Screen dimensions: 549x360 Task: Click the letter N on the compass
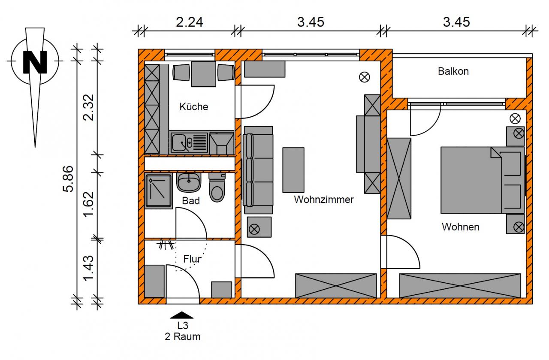[x=35, y=62]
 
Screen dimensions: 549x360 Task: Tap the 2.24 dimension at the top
[x=190, y=22]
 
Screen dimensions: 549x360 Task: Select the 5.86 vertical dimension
[x=68, y=178]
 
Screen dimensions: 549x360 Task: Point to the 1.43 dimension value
[x=88, y=268]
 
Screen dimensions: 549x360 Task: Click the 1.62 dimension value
[x=88, y=204]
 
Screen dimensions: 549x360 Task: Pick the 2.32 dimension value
[x=88, y=107]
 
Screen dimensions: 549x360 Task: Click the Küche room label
[x=193, y=107]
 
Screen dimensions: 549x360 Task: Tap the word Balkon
[x=453, y=71]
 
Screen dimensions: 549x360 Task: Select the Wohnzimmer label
[x=324, y=200]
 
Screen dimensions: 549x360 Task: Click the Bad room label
[x=191, y=201]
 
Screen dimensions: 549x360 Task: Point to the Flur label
[x=192, y=259]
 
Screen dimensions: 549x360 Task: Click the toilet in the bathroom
[x=217, y=188]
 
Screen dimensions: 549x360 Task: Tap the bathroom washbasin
[x=188, y=182]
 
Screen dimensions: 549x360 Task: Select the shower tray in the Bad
[x=158, y=191]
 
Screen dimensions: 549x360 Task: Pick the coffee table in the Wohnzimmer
[x=293, y=170]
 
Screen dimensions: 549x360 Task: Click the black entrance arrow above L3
[x=182, y=315]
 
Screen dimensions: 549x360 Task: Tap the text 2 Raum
[x=183, y=337]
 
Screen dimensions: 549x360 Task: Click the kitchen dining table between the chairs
[x=203, y=74]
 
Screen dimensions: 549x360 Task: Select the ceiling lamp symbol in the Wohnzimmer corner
[x=365, y=77]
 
